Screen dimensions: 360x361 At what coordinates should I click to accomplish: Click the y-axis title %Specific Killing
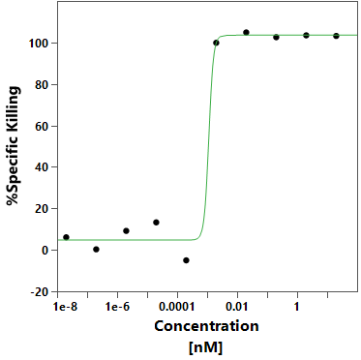point(14,145)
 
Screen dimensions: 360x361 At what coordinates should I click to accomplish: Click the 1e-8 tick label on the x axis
point(66,307)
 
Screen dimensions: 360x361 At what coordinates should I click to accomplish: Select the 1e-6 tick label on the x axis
point(117,307)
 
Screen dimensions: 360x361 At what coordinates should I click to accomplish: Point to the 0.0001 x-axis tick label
point(177,307)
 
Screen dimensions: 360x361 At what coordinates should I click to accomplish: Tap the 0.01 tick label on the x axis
point(237,307)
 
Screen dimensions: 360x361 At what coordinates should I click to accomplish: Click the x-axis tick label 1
point(297,307)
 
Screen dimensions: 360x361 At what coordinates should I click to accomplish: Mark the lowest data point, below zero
point(186,260)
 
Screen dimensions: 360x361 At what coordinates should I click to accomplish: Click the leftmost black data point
point(66,237)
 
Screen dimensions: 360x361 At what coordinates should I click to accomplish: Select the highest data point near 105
point(246,32)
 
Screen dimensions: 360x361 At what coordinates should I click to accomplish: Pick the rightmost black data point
point(336,36)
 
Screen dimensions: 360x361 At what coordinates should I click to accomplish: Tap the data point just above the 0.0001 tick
point(156,223)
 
